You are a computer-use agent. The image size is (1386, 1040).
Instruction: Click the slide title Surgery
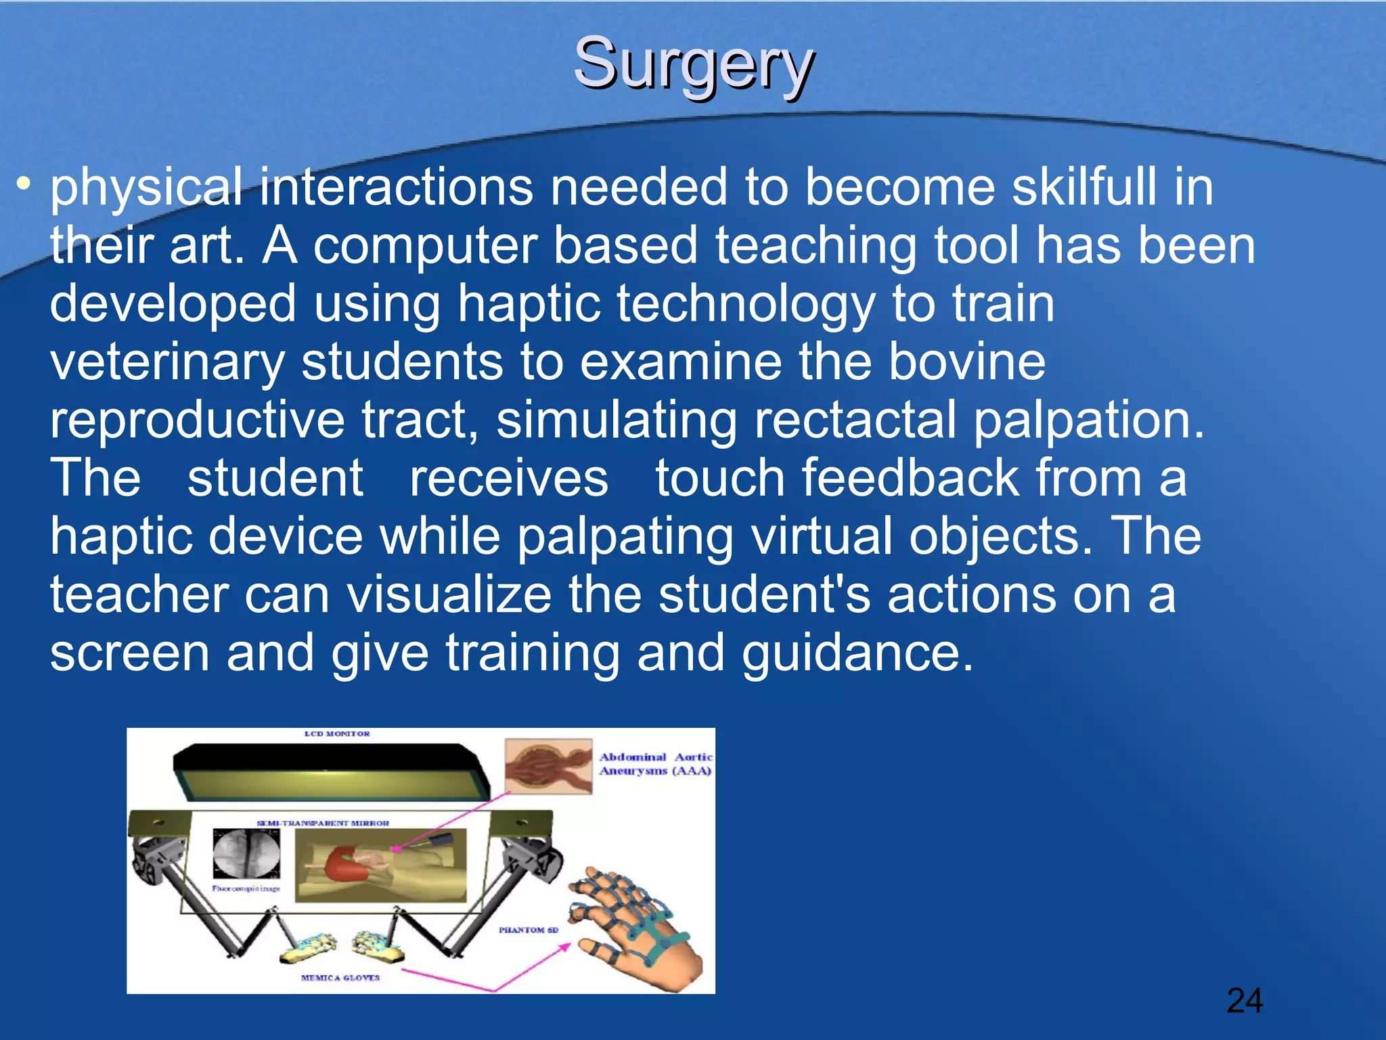[x=694, y=64]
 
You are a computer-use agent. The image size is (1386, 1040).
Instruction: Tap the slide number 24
[x=1244, y=1001]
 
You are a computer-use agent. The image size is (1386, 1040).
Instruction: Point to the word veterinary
[x=167, y=362]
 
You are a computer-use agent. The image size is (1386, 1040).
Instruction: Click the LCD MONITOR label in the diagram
[x=337, y=734]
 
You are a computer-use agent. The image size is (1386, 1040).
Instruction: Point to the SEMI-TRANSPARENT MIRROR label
[x=323, y=823]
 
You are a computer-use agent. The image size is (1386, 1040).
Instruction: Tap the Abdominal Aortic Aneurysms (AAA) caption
[x=655, y=764]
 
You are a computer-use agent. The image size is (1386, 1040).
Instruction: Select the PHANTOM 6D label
[x=529, y=930]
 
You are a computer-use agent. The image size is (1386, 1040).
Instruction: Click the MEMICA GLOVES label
[x=340, y=978]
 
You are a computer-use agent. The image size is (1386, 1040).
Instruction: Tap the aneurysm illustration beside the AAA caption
[x=547, y=766]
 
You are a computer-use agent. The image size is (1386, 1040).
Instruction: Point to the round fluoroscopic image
[x=246, y=852]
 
